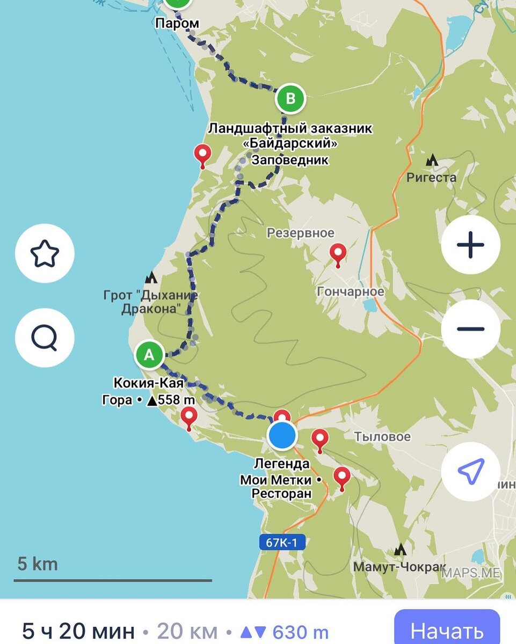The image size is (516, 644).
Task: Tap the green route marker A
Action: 150,355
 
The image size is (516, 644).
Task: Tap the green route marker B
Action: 290,99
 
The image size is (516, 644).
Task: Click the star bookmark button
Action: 45,253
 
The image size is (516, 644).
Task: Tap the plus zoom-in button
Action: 470,245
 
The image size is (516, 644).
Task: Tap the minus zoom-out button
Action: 470,328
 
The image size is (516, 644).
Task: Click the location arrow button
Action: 470,471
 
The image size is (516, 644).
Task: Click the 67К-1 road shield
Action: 282,542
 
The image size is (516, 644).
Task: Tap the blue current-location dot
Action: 282,435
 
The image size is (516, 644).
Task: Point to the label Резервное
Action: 301,233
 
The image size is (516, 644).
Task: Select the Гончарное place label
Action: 351,292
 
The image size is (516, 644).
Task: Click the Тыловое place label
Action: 382,437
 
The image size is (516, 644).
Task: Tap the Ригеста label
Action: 431,178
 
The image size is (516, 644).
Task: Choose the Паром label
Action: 177,24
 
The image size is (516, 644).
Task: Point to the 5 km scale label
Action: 38,564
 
